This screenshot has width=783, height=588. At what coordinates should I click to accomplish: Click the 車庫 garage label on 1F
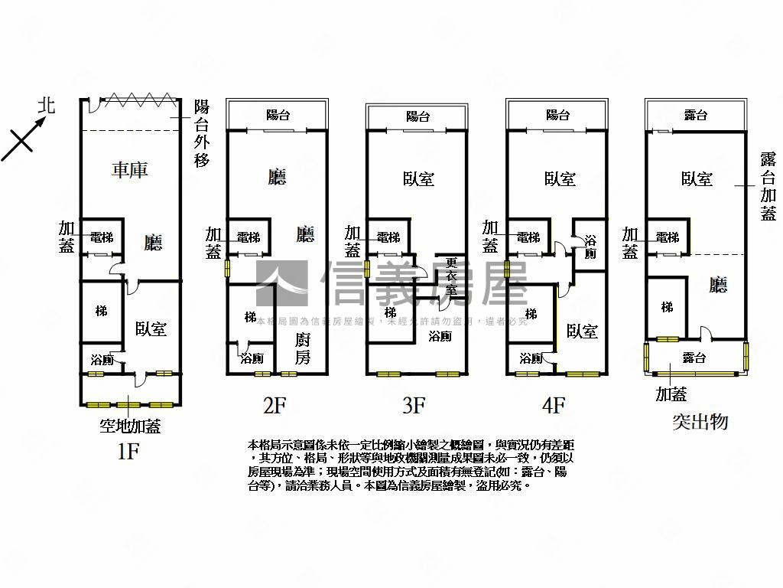click(129, 171)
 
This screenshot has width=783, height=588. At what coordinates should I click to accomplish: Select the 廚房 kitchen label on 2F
click(304, 348)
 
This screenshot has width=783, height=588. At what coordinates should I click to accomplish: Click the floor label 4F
click(552, 405)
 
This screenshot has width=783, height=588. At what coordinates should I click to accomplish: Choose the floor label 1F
click(128, 452)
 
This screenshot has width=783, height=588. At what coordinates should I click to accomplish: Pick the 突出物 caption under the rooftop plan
click(700, 421)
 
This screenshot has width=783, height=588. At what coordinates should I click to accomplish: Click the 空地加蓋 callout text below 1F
click(130, 426)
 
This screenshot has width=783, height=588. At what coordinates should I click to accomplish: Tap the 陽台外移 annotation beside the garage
click(202, 134)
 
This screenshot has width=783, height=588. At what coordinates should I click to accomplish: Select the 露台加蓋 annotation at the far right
click(768, 186)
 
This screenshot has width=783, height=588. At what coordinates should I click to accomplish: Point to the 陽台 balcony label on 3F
click(417, 116)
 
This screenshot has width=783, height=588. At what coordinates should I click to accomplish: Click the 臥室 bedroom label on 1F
click(151, 328)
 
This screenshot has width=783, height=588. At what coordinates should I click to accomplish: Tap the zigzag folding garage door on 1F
click(138, 100)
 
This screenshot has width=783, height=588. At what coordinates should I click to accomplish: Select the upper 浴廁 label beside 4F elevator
click(590, 247)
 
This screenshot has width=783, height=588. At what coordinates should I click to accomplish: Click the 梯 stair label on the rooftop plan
click(667, 308)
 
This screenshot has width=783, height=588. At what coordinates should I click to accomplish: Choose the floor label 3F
click(413, 405)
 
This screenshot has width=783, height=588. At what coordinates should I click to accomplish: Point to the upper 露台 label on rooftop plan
click(695, 116)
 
